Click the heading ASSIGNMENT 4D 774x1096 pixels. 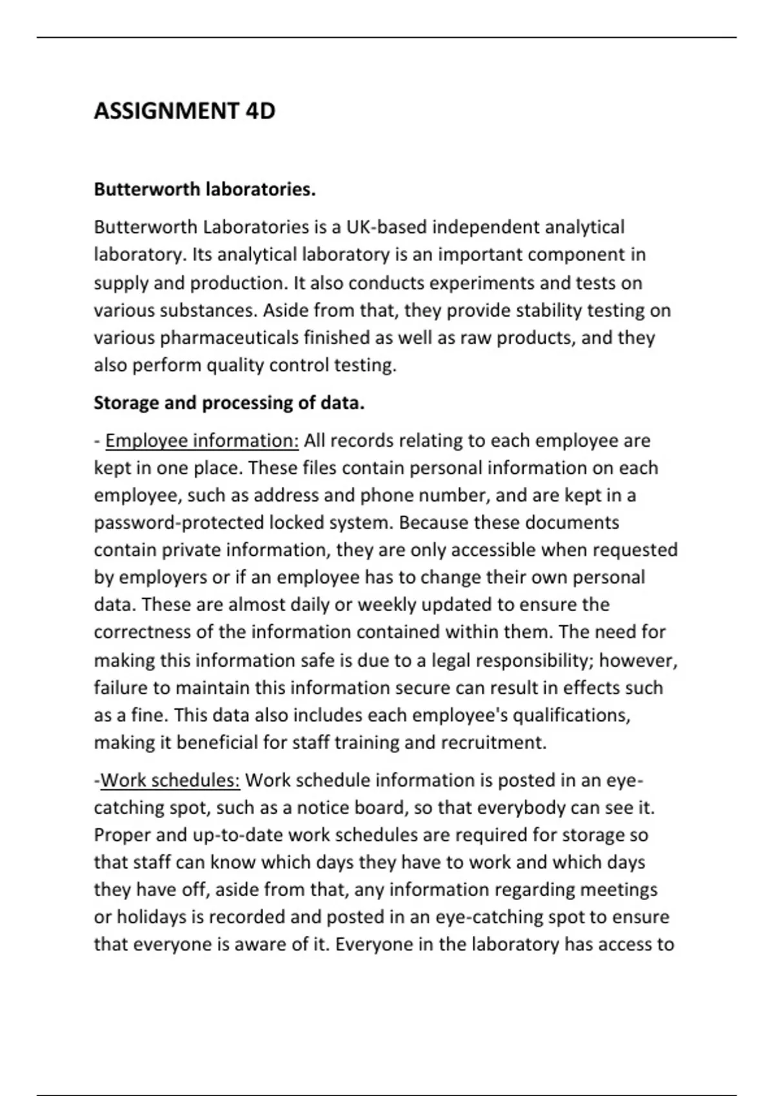pos(184,111)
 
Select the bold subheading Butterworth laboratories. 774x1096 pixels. pos(204,190)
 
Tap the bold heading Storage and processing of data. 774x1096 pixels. pos(229,403)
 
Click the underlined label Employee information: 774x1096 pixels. pos(202,441)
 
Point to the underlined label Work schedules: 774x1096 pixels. pos(170,781)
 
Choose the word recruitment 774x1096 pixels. pos(493,743)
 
